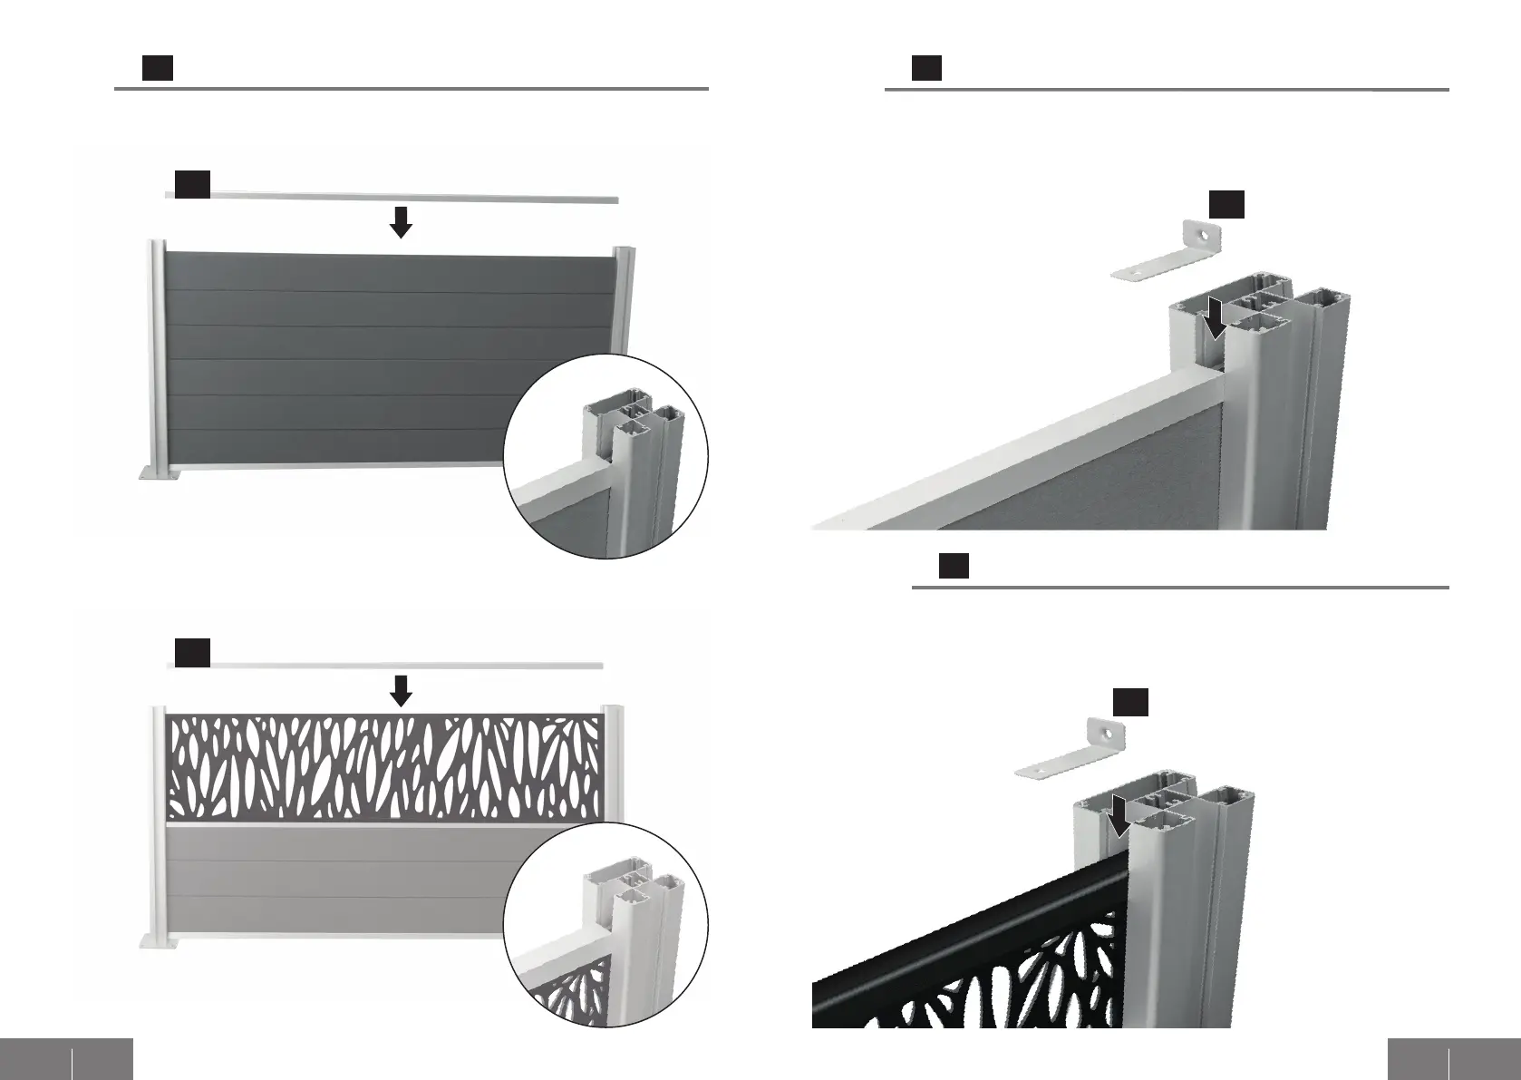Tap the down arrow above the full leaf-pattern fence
(401, 691)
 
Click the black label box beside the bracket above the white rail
(1226, 204)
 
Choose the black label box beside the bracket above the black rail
(1130, 702)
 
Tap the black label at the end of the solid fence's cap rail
(192, 183)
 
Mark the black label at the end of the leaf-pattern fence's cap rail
(192, 653)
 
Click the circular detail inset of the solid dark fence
(605, 456)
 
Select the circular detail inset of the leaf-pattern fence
(605, 925)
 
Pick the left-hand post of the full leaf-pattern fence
(159, 816)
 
